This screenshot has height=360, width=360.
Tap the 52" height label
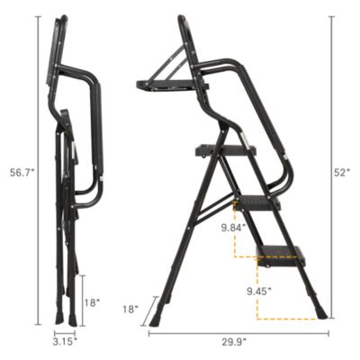[x=341, y=172]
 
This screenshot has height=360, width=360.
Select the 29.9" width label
[x=238, y=343]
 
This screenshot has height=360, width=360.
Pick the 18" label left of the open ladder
[x=131, y=309]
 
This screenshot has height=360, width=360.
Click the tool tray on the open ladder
[x=171, y=85]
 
